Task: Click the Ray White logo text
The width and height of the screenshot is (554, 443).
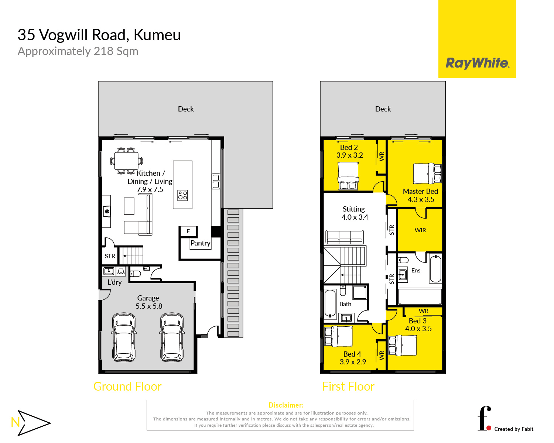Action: [x=477, y=63]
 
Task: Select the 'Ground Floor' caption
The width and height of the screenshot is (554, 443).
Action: [x=127, y=387]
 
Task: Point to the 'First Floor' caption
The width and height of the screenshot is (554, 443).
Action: [x=348, y=387]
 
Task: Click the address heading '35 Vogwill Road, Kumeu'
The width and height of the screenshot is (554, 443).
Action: [x=99, y=35]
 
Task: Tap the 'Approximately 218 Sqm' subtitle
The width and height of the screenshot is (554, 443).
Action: [x=78, y=51]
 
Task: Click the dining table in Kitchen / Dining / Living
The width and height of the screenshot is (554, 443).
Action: [x=126, y=161]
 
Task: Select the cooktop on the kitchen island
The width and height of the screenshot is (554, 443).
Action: [x=182, y=195]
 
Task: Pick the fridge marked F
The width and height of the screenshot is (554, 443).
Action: [x=188, y=231]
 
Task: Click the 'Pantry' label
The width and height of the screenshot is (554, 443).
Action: [x=200, y=243]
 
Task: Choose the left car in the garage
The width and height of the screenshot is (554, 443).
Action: [x=124, y=337]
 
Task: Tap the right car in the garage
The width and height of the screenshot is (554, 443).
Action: [x=172, y=337]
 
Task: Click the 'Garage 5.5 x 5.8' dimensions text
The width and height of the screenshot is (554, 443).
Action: [x=149, y=302]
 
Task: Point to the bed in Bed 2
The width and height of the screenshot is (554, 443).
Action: [x=348, y=176]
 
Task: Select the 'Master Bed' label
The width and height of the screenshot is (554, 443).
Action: [x=420, y=191]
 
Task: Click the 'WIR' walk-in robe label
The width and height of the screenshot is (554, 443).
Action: [x=420, y=230]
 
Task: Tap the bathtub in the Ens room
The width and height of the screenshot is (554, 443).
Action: [x=435, y=268]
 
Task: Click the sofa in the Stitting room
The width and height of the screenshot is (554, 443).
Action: [x=345, y=237]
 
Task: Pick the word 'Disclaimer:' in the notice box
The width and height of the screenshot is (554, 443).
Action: [x=286, y=405]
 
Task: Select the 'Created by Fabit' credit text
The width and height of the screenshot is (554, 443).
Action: [x=514, y=429]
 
